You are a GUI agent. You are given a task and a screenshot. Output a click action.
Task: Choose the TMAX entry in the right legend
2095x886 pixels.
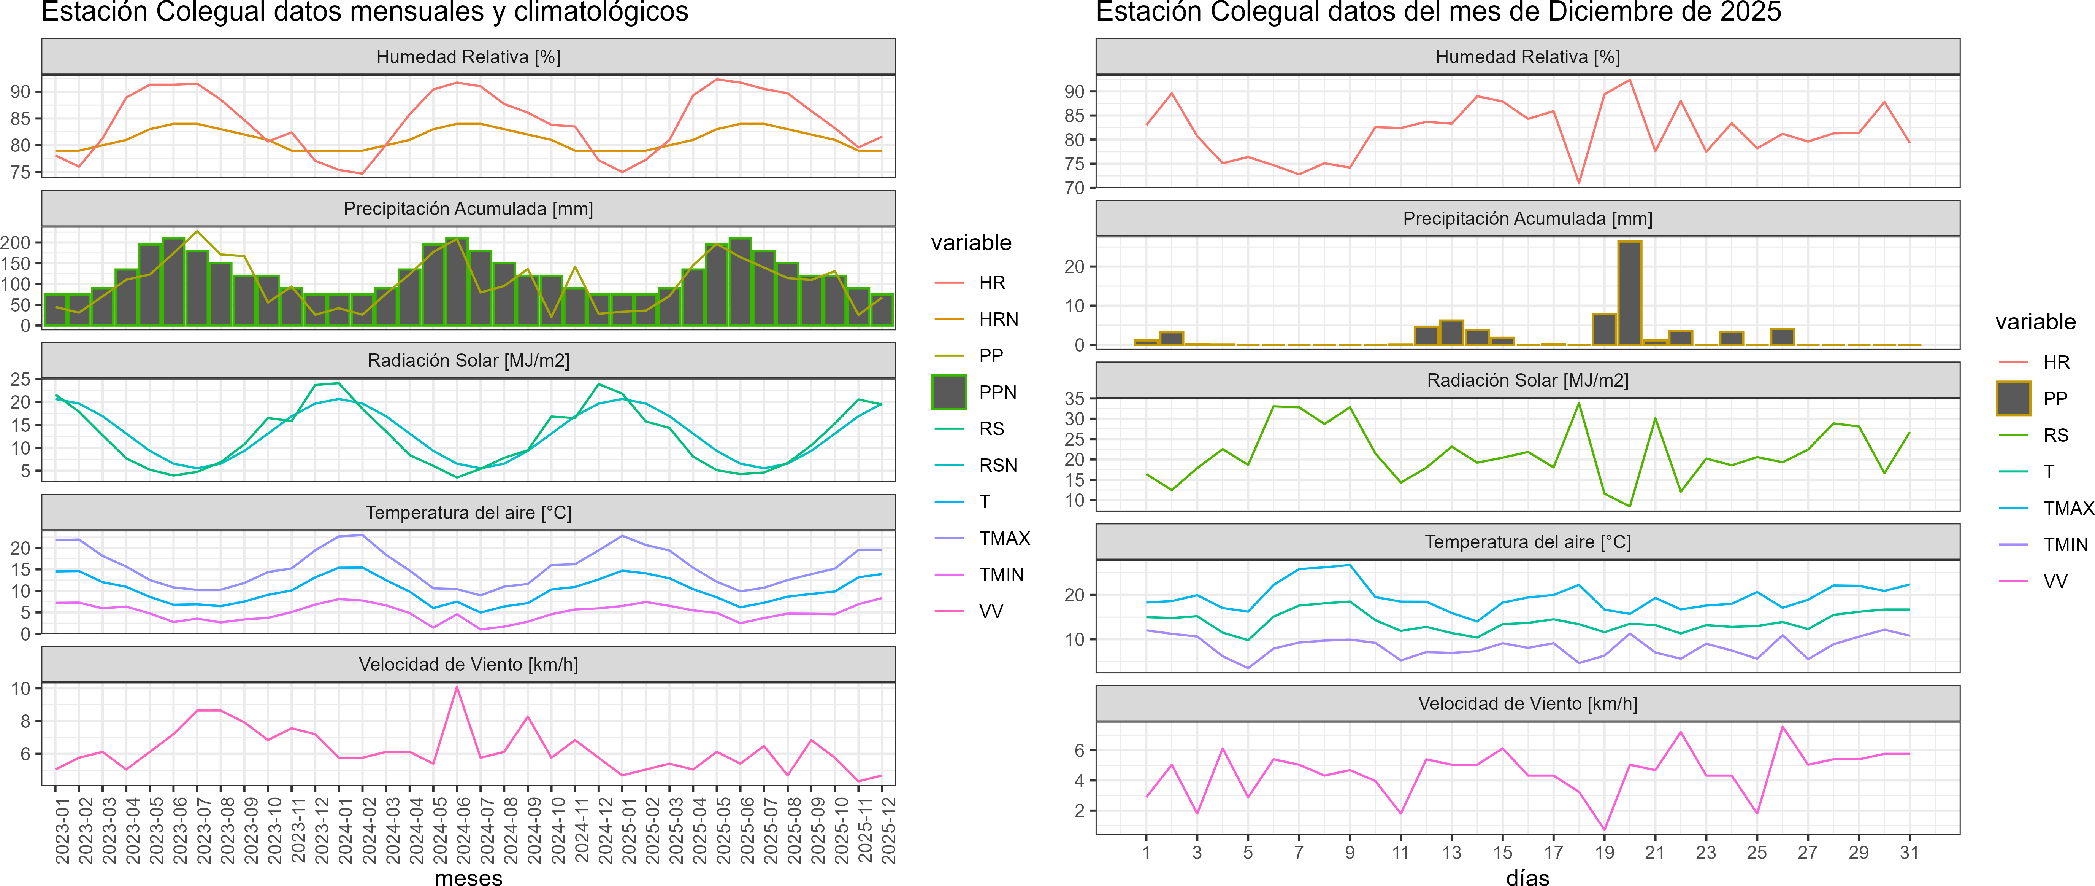click(2067, 509)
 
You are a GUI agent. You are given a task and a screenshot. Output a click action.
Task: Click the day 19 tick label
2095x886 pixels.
click(1604, 853)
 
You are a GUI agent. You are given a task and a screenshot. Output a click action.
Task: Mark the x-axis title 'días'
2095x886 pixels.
click(1527, 877)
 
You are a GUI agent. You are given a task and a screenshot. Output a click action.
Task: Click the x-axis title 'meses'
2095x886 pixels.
click(468, 877)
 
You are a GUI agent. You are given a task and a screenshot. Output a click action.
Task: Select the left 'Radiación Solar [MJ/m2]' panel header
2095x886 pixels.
click(468, 360)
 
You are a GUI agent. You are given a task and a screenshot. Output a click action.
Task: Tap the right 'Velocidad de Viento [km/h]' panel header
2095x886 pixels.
click(1527, 704)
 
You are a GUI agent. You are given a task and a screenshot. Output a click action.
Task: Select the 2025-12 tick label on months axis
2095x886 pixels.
click(888, 830)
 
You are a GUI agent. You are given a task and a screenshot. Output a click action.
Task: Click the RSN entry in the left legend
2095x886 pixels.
click(998, 465)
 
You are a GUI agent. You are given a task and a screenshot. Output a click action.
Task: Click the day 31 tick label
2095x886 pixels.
click(1909, 853)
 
